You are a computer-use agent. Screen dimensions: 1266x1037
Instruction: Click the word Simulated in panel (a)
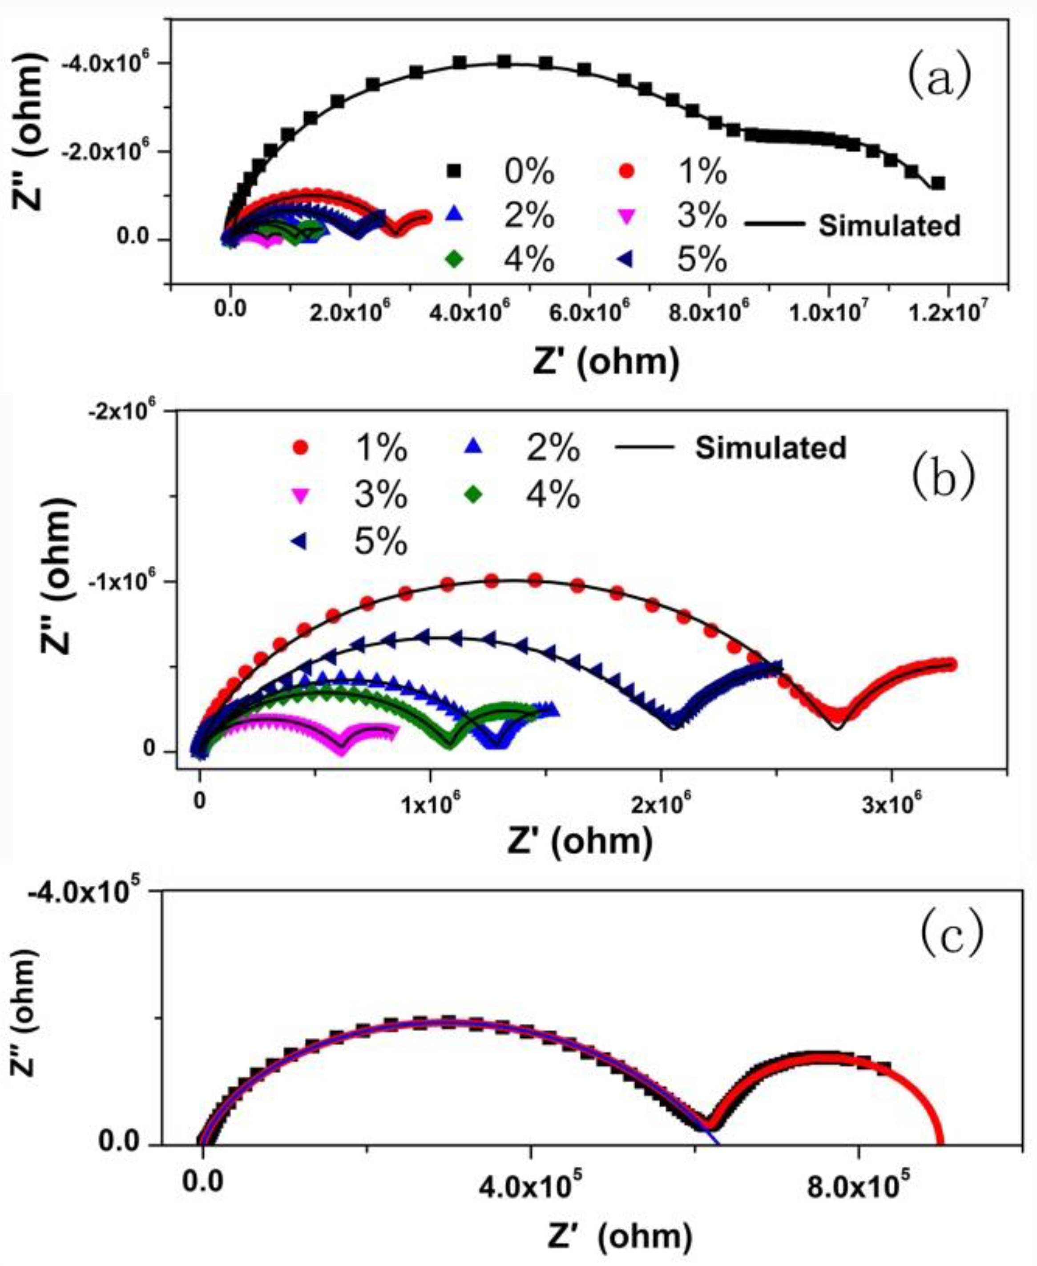(x=889, y=226)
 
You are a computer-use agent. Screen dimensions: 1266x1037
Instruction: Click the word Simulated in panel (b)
(x=771, y=447)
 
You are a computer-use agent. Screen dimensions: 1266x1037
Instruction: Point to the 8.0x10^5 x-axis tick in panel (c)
(x=859, y=1165)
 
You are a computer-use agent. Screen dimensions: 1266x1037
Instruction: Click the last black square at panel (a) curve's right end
(x=938, y=183)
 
